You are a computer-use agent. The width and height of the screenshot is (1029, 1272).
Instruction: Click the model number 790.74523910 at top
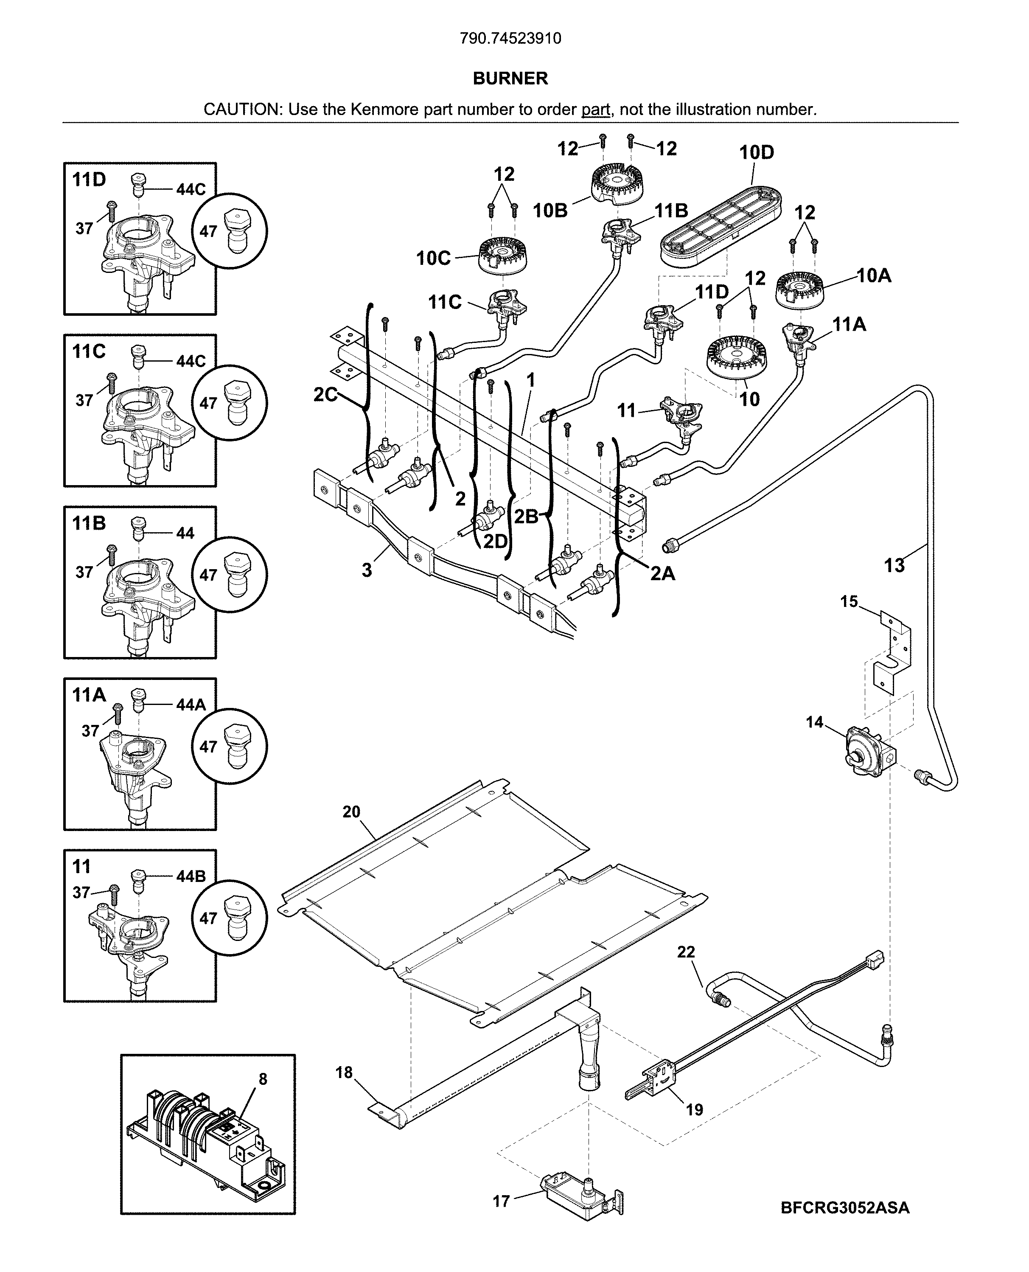510,39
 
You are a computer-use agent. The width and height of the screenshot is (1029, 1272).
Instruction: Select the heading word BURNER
510,78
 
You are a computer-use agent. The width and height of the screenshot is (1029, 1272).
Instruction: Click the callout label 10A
874,275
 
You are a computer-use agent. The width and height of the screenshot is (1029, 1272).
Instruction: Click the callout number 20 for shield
351,812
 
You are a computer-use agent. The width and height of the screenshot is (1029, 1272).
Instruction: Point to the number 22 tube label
686,952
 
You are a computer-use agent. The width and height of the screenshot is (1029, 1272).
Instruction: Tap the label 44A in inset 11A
191,705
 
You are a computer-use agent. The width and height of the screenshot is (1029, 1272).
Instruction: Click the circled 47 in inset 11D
230,231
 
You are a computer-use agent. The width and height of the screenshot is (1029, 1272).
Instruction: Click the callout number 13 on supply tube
894,565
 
